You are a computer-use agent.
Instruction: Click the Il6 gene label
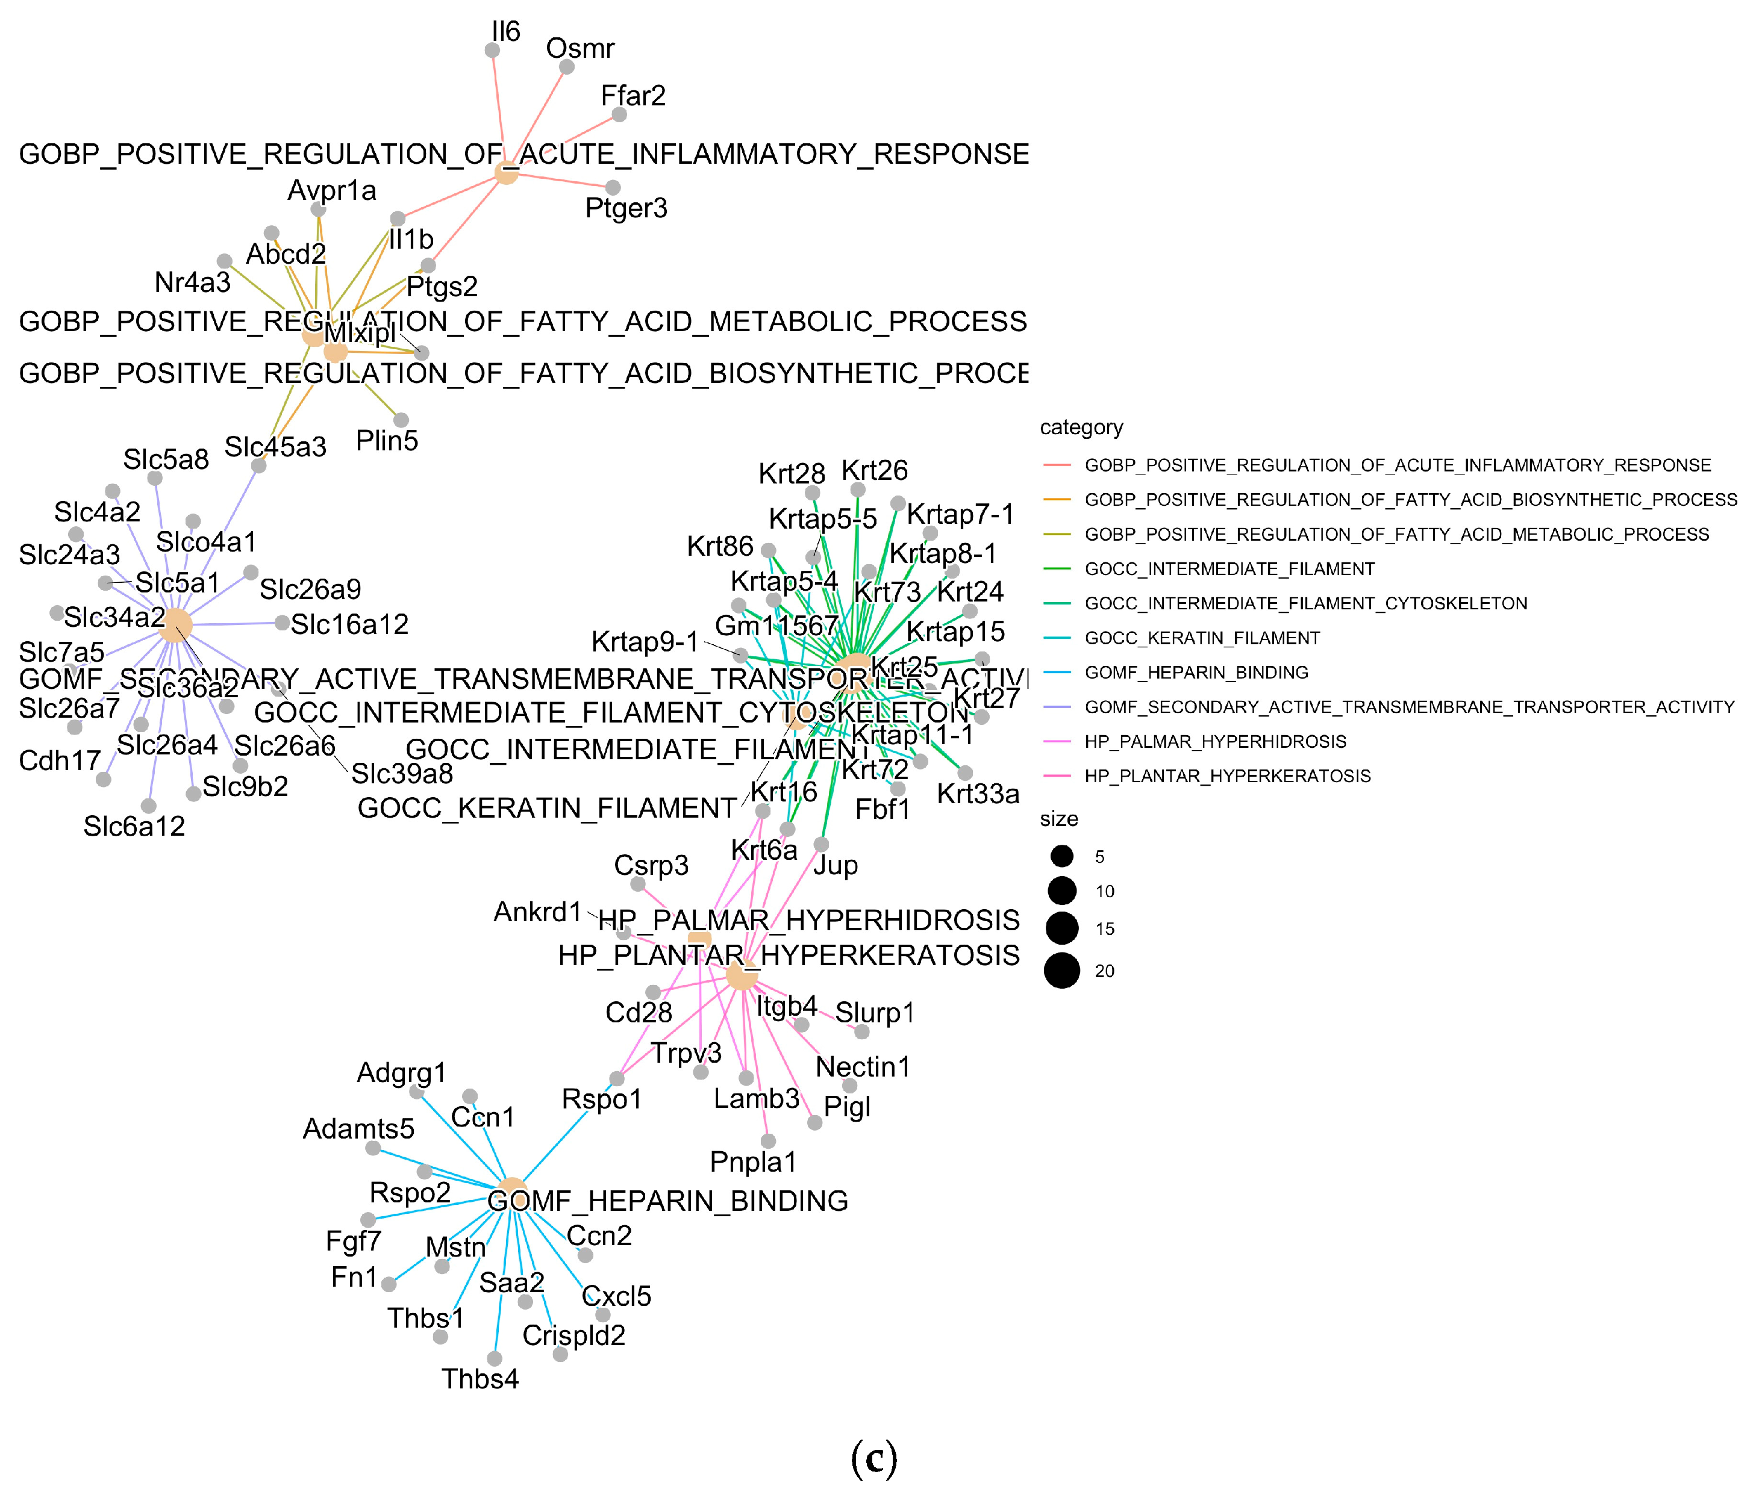click(505, 31)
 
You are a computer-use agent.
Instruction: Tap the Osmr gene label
click(580, 48)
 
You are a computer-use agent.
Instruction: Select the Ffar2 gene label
click(633, 96)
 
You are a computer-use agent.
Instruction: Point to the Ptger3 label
click(626, 208)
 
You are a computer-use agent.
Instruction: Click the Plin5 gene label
click(387, 441)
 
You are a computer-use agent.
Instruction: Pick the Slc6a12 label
click(134, 826)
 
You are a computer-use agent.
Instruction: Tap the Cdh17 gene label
click(60, 761)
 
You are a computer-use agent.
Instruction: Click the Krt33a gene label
click(978, 794)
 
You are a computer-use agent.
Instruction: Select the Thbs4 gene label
click(480, 1379)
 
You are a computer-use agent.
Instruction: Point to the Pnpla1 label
click(753, 1162)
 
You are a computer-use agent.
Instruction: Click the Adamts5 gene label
click(358, 1129)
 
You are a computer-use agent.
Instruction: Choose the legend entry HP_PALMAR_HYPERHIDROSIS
click(1215, 742)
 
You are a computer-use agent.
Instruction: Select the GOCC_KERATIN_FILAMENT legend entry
click(1202, 638)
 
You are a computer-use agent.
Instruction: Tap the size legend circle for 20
click(1061, 971)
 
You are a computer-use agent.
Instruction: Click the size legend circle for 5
click(1061, 856)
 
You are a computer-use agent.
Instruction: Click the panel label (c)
click(873, 1457)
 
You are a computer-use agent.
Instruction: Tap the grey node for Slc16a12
click(283, 623)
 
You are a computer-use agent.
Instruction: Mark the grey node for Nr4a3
click(225, 261)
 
